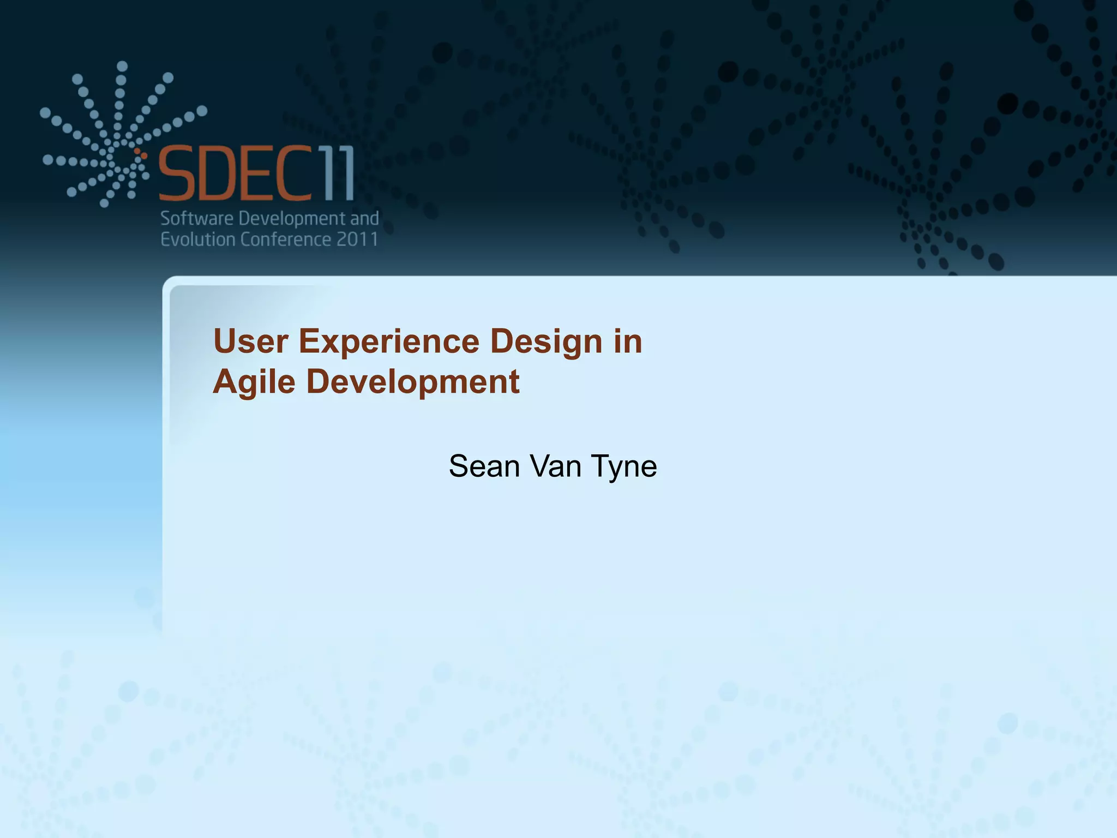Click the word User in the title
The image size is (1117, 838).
click(250, 342)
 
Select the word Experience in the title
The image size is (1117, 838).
click(389, 342)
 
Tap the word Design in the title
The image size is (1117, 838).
click(546, 342)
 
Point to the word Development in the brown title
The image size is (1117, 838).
click(412, 382)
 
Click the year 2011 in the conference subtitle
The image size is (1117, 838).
click(357, 240)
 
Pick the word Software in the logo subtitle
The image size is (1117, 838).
click(197, 219)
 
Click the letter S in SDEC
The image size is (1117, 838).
click(177, 173)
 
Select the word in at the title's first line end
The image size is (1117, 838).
click(628, 342)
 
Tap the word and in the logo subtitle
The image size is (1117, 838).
click(364, 219)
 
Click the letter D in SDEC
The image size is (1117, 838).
click(219, 173)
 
